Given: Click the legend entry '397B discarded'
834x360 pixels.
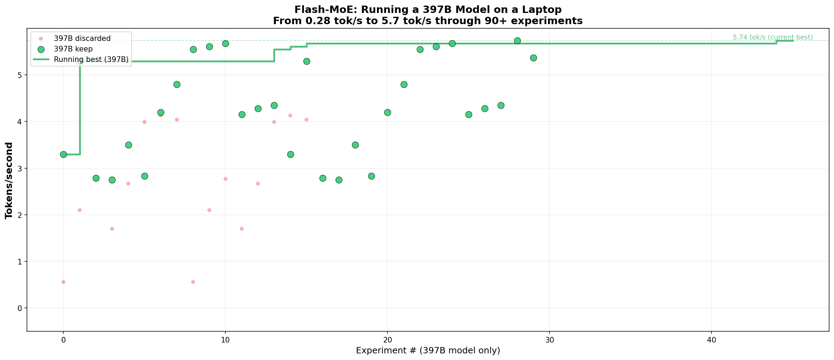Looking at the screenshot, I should (82, 38).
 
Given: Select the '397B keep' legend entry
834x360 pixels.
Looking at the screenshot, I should (73, 49).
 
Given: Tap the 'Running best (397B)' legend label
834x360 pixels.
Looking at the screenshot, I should (91, 60).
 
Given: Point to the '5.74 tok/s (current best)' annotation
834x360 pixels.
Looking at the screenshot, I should (773, 37).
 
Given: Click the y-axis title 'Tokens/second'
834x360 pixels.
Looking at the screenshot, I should (9, 181).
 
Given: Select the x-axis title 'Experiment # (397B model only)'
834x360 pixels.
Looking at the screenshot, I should (428, 351).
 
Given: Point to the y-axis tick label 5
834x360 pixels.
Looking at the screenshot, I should (20, 76).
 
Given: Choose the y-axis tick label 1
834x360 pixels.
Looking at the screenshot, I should (20, 262).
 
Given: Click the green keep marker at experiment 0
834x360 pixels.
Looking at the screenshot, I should (63, 154).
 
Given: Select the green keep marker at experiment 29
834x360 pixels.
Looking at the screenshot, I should (533, 58).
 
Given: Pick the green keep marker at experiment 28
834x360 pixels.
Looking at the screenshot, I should (517, 41).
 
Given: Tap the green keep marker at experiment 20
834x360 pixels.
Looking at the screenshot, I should (387, 112).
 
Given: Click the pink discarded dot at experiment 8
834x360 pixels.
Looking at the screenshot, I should (193, 282).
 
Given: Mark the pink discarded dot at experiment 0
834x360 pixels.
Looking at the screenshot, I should (63, 282).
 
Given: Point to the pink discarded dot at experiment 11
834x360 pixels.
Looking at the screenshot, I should (241, 229).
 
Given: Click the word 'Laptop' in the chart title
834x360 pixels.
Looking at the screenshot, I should (544, 9).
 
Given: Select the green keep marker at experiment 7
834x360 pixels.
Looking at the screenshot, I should (177, 84).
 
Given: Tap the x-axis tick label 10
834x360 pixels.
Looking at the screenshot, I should (225, 340).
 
